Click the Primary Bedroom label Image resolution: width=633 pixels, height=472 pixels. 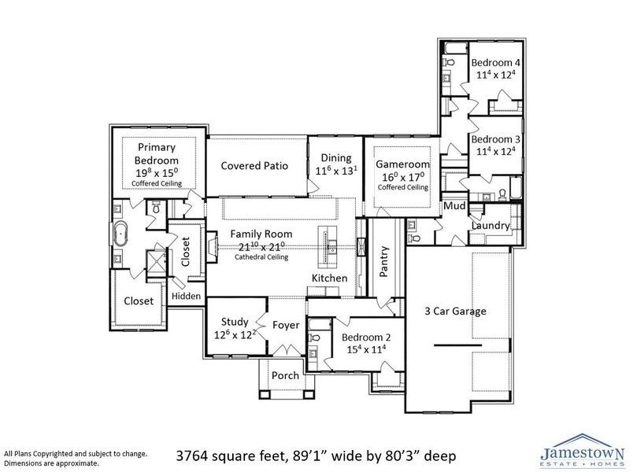156,153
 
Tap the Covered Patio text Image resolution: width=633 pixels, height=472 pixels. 254,166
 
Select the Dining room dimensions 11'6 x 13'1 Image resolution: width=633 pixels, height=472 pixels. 335,171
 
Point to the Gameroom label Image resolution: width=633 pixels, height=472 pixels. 402,164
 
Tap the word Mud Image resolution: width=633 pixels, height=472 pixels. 453,207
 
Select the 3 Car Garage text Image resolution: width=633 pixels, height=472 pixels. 455,311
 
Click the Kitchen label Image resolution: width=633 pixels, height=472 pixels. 329,279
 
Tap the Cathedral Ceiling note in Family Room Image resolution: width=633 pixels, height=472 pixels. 261,257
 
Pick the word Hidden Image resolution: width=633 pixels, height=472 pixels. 186,297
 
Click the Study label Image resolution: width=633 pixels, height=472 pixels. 235,322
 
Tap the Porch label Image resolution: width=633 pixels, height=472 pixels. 285,375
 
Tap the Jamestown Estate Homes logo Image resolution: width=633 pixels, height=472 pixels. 582,451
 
